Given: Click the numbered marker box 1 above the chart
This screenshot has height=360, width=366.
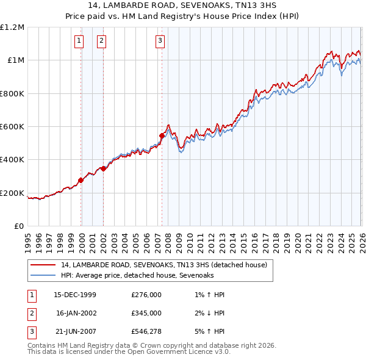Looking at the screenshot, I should click(x=79, y=41).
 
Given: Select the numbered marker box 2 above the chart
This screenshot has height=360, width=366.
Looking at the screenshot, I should click(x=101, y=41).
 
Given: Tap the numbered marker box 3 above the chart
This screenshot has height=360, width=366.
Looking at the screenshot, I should click(x=160, y=41).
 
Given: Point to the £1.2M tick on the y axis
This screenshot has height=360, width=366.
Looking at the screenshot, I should click(x=12, y=27).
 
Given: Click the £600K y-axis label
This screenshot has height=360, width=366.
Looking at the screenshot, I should click(x=12, y=126).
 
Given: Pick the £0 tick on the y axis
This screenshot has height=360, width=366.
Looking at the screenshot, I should click(x=20, y=226).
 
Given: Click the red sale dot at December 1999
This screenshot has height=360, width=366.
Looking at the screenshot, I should click(x=81, y=180).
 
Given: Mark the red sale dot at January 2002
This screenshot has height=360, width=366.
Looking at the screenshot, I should click(x=104, y=169).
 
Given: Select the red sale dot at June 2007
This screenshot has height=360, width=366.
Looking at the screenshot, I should click(x=162, y=135).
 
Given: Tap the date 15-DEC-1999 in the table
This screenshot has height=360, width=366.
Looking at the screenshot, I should click(x=75, y=295).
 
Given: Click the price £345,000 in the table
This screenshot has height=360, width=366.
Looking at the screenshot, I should click(x=146, y=312).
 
